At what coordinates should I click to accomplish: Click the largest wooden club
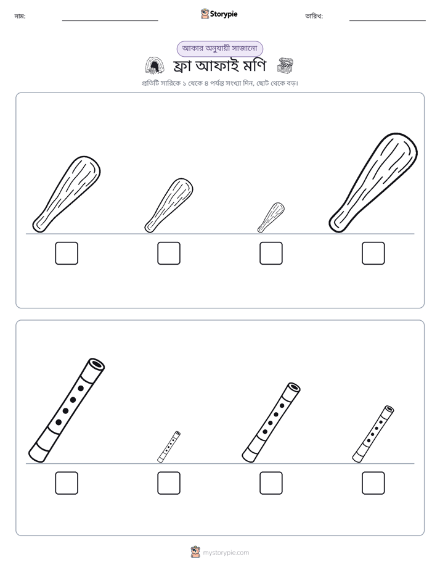373,183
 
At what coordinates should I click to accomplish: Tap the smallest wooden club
271,217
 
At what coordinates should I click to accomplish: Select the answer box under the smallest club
271,254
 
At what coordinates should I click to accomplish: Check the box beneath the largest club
373,254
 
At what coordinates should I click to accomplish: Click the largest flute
67,410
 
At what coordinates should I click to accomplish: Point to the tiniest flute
169,447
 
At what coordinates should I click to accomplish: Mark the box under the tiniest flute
169,483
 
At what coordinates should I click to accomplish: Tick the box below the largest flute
67,483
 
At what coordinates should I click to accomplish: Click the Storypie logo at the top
219,14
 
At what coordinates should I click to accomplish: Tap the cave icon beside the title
155,65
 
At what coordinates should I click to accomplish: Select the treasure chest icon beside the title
285,65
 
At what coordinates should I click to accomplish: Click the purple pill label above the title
219,49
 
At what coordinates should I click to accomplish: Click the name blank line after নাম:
110,21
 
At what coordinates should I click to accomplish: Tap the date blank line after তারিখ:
388,21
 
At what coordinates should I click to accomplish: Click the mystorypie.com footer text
226,553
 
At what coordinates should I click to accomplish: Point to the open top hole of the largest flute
97,364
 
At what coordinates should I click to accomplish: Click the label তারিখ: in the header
314,16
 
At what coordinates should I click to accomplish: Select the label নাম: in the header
20,16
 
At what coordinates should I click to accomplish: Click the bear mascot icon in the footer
195,552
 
